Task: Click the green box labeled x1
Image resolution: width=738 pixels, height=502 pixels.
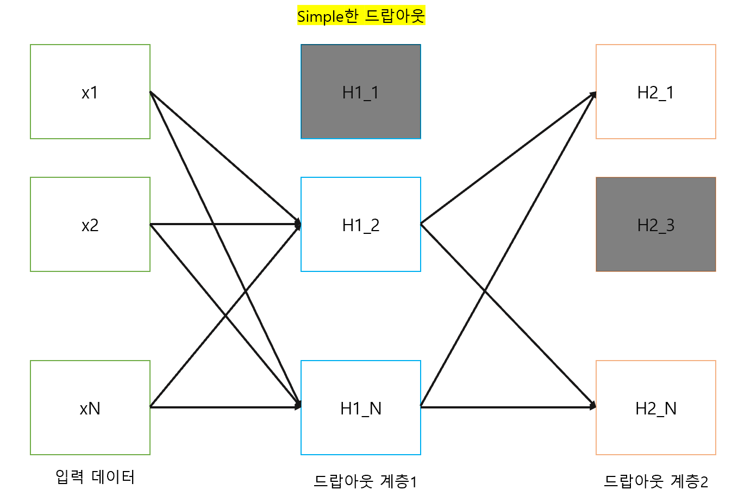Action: click(x=90, y=91)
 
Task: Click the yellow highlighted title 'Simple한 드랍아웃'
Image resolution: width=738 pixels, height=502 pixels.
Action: click(x=361, y=16)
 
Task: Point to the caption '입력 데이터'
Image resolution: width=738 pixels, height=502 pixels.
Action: click(x=95, y=477)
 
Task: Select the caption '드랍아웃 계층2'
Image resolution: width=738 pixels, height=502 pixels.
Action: click(x=656, y=481)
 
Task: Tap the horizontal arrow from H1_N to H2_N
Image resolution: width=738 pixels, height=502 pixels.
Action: click(x=538, y=407)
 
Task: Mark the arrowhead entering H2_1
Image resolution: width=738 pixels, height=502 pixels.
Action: click(x=593, y=95)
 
